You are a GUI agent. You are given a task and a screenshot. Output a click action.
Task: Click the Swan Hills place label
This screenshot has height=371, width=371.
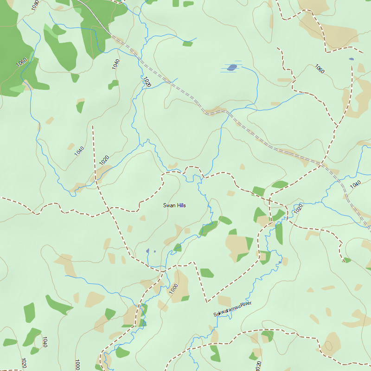click(174, 205)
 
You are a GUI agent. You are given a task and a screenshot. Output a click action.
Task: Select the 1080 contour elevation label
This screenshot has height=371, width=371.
click(35, 5)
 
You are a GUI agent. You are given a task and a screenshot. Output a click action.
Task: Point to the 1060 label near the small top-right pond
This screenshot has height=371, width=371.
click(320, 69)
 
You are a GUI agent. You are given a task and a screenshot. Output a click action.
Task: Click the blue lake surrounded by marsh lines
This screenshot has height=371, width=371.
click(232, 67)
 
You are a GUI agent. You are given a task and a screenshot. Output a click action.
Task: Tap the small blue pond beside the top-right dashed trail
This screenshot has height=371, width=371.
click(351, 59)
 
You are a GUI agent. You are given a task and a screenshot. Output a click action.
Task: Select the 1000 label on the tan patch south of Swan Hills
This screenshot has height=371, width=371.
click(173, 288)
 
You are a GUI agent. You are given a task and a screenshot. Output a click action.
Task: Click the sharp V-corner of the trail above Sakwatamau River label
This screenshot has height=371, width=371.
click(206, 301)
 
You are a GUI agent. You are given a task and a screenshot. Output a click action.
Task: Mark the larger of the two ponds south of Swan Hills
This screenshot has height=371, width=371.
click(148, 251)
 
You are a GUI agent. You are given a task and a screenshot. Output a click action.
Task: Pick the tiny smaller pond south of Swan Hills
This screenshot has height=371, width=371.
click(154, 251)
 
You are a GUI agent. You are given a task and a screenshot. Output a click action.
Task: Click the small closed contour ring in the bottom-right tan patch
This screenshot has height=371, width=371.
click(328, 346)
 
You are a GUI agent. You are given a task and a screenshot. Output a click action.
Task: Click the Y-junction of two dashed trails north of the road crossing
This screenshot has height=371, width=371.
click(336, 126)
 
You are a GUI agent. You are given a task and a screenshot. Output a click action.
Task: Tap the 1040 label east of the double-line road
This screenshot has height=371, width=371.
click(355, 184)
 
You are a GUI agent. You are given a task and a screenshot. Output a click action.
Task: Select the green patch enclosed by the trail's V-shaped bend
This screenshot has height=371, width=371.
click(207, 273)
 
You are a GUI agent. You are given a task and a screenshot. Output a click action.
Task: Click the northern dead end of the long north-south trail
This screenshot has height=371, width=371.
click(93, 125)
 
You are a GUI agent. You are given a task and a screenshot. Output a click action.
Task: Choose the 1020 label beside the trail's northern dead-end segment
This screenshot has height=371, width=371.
click(104, 160)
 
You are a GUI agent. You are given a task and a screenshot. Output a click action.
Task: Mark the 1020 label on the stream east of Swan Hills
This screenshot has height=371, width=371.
click(298, 208)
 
